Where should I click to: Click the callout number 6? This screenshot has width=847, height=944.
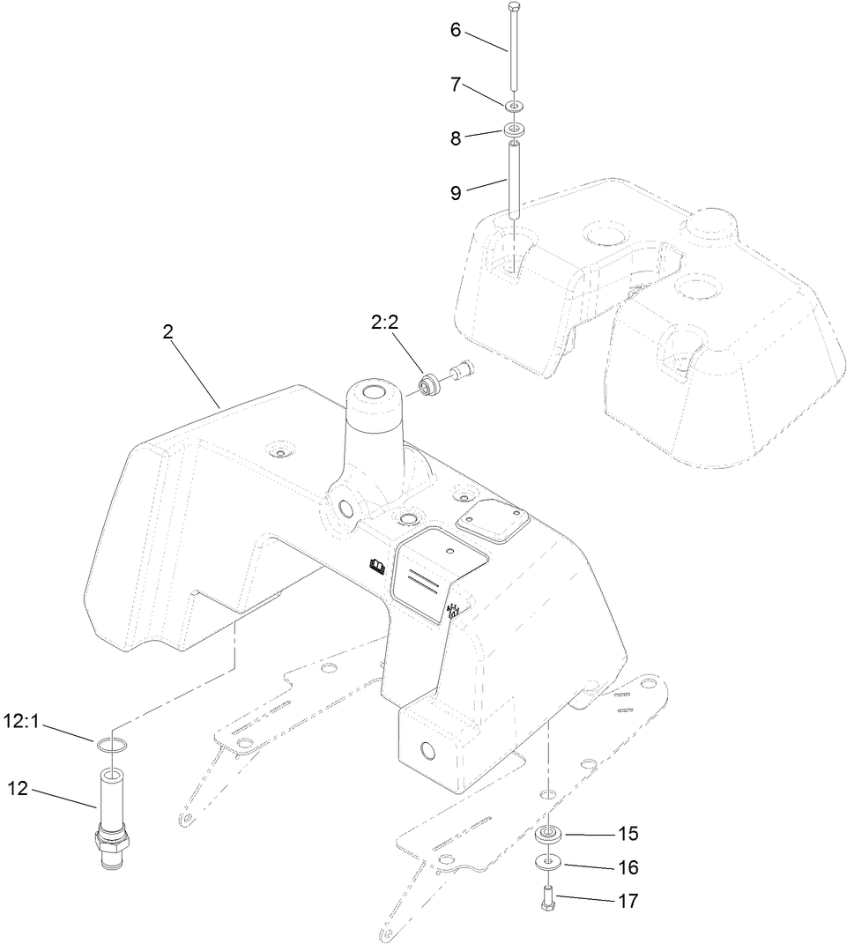tap(456, 29)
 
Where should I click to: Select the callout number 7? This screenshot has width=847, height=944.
tap(456, 85)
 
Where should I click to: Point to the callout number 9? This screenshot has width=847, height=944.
tap(456, 193)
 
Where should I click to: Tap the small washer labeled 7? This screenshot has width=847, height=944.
tap(514, 107)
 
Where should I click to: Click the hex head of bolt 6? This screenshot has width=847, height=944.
tap(514, 7)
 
